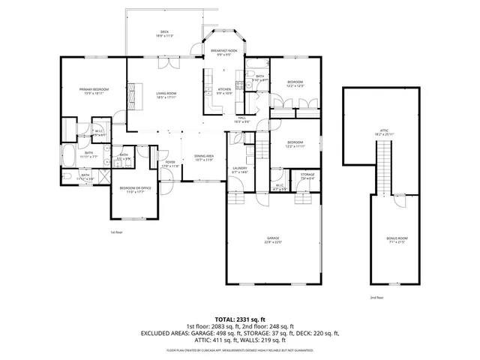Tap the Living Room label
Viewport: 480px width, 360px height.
[166, 94]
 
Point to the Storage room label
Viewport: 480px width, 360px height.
[307, 176]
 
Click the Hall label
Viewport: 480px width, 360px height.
[242, 120]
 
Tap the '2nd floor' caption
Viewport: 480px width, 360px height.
[376, 298]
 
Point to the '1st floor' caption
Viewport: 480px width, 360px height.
[116, 232]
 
